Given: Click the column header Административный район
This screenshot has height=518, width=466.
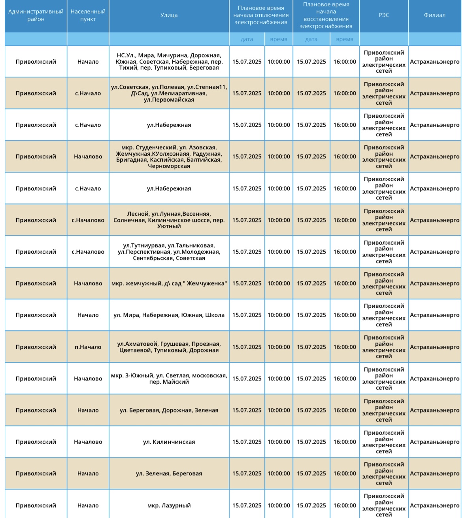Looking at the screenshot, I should tap(36, 15).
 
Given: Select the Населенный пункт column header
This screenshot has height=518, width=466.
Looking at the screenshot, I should tap(88, 15).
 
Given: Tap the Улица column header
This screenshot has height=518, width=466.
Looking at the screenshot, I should tap(169, 15).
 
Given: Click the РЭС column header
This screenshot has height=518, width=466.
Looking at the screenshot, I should tap(383, 15).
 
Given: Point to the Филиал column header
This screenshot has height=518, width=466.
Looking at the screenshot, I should tap(434, 15).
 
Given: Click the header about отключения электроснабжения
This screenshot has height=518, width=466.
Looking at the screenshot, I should tap(261, 15).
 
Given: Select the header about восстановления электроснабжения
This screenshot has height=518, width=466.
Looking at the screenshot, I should tap(326, 15).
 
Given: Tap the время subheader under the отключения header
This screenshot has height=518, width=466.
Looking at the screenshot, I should tap(279, 39).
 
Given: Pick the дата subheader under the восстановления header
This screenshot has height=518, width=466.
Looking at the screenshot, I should tap(311, 39).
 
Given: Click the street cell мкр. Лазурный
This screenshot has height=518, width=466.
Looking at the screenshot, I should tap(169, 505).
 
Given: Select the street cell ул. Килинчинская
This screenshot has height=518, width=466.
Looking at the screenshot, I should tap(169, 442).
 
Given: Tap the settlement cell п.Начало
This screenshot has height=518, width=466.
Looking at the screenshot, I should tap(88, 347).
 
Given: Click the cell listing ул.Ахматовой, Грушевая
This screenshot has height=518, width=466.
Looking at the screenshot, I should tap(169, 347).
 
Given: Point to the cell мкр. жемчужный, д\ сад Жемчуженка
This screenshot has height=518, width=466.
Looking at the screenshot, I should tap(169, 283).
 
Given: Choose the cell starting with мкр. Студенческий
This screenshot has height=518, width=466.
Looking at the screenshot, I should tap(169, 156).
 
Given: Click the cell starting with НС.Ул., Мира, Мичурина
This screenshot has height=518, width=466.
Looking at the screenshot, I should tap(169, 62).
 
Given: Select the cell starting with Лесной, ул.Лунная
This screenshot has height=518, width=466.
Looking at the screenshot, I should tap(169, 220).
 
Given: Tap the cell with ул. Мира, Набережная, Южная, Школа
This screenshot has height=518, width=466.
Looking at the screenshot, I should tap(169, 315).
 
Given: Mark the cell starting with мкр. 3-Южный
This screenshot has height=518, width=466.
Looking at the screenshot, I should tap(169, 379).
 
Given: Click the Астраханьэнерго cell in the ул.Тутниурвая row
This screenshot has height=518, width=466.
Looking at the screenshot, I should tap(434, 252).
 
